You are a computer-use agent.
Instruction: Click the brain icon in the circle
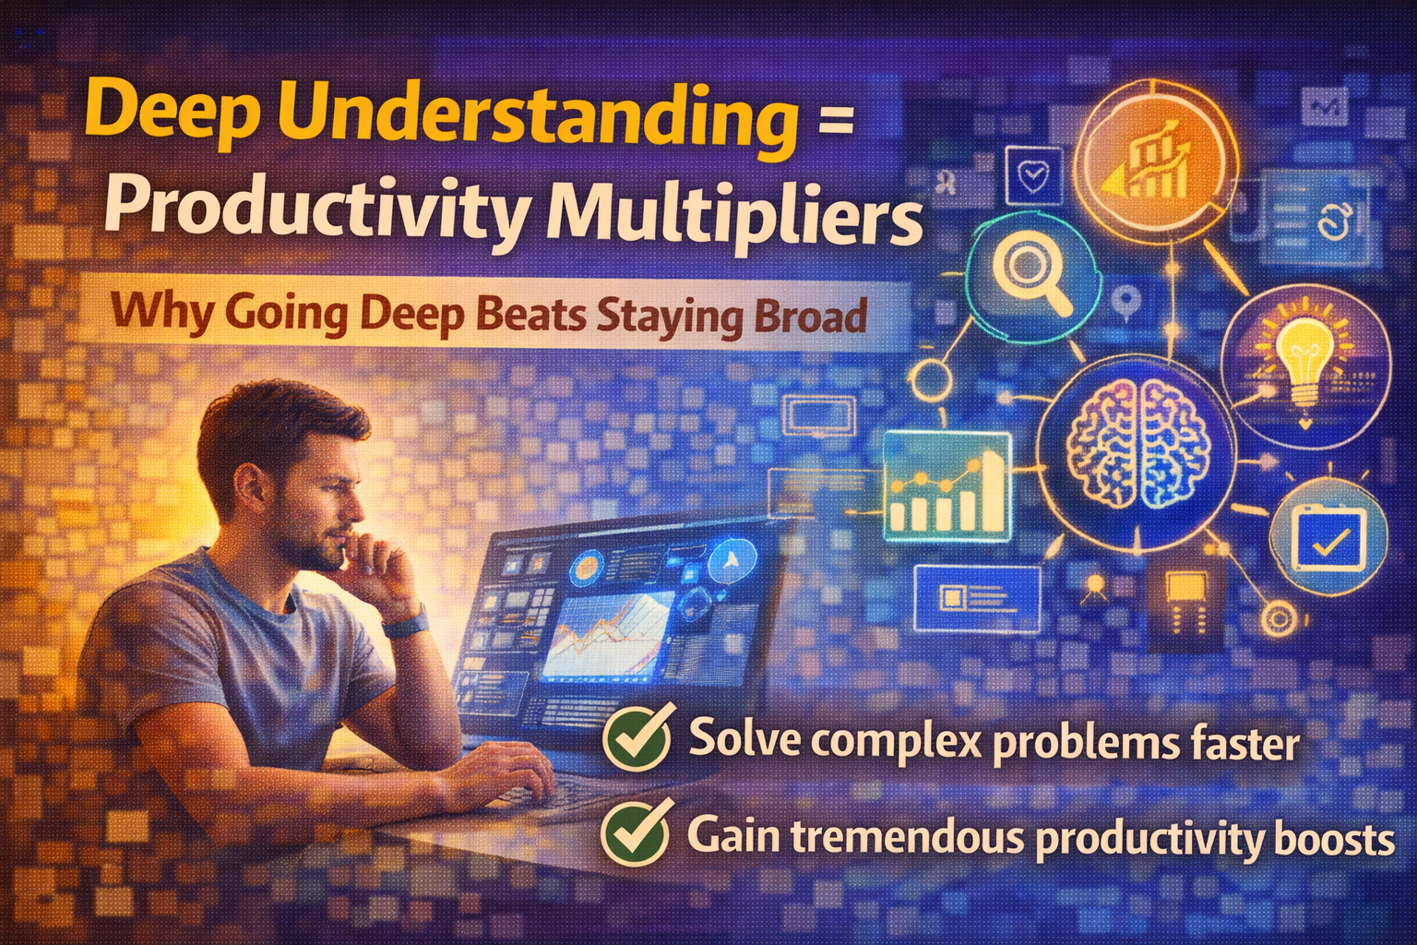(1137, 445)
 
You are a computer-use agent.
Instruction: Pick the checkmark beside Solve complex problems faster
(637, 739)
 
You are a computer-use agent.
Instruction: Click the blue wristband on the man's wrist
(406, 623)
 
